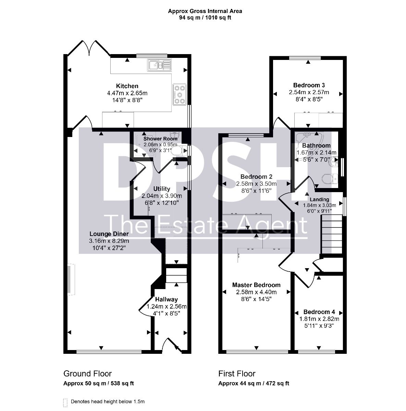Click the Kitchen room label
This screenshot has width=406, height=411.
coord(127,86)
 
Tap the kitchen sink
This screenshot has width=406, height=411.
coord(159,65)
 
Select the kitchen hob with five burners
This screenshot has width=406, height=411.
coord(180,94)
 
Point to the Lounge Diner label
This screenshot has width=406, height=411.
coord(109,234)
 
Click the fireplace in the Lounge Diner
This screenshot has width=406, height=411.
coord(71,279)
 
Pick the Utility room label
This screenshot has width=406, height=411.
coord(162,189)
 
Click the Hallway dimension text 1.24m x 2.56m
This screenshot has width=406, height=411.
coord(167,307)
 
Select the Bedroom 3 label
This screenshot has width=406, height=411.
coord(309,85)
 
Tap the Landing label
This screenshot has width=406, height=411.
coord(319,199)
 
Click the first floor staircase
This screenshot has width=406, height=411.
coord(332,234)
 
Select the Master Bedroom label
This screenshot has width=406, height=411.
coord(256,285)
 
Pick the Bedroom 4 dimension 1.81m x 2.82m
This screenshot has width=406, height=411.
coord(319,319)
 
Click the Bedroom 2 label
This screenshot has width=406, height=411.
coord(256,177)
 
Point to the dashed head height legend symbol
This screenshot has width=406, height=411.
coord(65,403)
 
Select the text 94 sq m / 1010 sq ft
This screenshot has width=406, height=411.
coord(205,18)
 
